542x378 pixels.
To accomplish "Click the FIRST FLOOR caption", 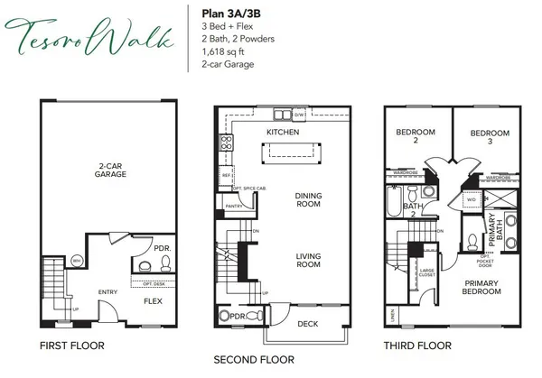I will pos(73,346).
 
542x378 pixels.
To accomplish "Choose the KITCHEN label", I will pos(283,133).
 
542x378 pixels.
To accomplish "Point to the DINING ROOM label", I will pos(309,200).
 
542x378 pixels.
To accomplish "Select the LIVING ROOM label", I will pos(309,262).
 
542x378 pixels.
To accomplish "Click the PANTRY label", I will pos(230,206).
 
